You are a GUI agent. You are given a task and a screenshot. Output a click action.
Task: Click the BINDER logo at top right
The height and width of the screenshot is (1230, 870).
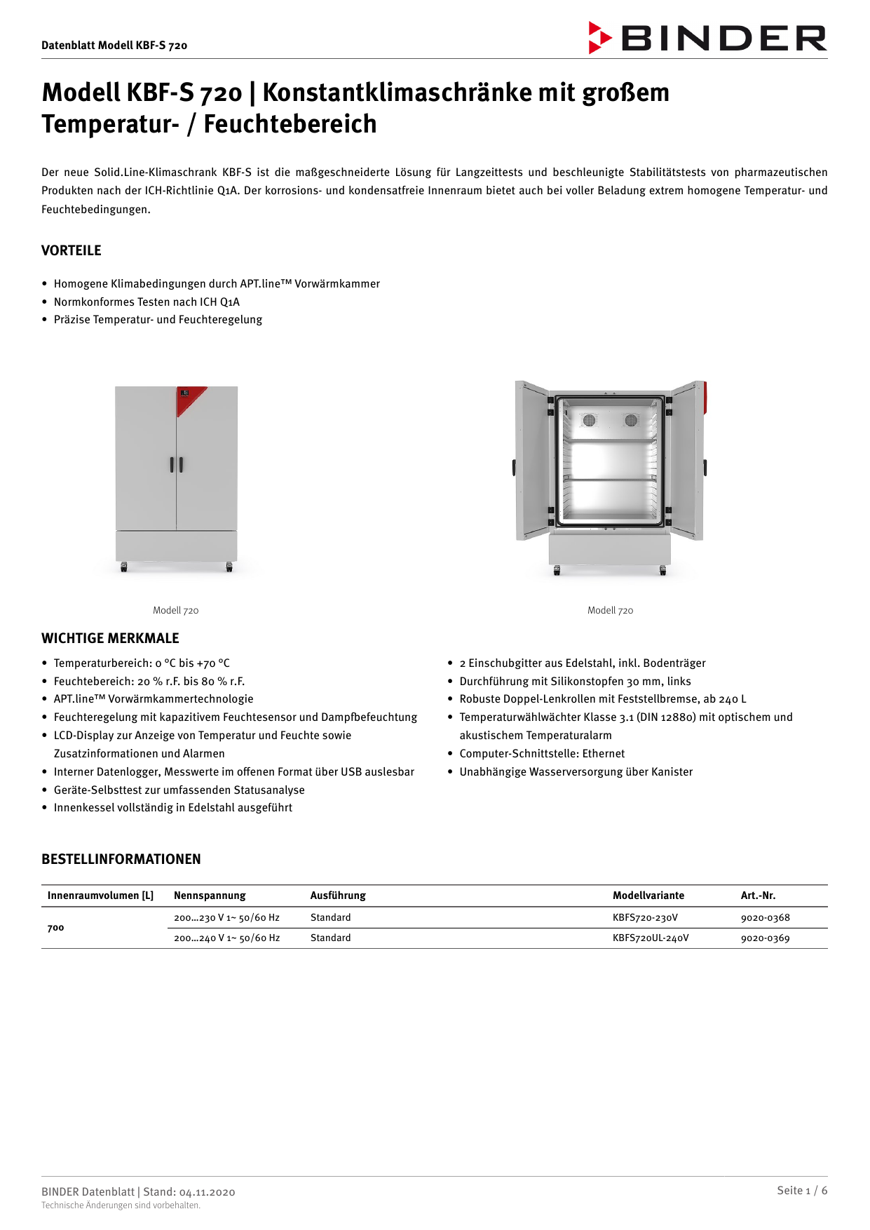coord(707,38)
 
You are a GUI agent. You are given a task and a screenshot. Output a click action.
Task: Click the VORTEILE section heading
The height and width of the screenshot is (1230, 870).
coord(71,250)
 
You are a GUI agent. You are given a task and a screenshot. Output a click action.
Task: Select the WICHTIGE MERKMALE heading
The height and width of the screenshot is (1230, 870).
coord(110,638)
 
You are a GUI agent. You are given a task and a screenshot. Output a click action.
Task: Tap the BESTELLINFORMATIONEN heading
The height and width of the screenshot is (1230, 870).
coord(121,859)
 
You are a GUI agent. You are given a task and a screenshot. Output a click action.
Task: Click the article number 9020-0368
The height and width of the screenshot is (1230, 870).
coord(765,917)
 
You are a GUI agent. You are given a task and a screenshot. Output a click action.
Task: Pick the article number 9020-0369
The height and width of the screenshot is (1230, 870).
coord(765,938)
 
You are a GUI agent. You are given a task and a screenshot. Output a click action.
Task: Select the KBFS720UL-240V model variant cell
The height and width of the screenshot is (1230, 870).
coord(650,938)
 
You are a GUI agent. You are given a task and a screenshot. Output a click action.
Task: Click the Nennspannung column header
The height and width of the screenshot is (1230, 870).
coord(210,896)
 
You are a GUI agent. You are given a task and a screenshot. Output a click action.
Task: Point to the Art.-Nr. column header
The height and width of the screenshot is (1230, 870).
coord(758,896)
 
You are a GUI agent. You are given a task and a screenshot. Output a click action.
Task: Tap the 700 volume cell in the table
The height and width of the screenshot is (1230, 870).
coord(55,928)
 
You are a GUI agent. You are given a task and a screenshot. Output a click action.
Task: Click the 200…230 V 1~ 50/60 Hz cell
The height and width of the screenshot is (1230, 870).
coord(226,917)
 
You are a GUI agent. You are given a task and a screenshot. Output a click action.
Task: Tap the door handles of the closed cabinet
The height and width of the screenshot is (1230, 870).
coord(177,464)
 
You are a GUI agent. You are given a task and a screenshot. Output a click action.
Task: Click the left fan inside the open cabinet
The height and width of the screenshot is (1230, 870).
coord(589,420)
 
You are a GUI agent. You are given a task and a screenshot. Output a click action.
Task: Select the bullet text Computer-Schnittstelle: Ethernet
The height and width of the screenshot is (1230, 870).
coord(541,754)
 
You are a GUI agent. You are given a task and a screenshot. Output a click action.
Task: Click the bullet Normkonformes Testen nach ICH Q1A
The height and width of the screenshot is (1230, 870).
coord(147,302)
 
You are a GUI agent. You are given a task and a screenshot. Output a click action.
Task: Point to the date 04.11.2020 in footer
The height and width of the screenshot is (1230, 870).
coord(207,1192)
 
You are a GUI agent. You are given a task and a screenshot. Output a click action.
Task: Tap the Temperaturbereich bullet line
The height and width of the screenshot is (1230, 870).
coord(141,663)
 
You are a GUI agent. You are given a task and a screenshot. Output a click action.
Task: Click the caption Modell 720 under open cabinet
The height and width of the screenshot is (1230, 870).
coord(610,611)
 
